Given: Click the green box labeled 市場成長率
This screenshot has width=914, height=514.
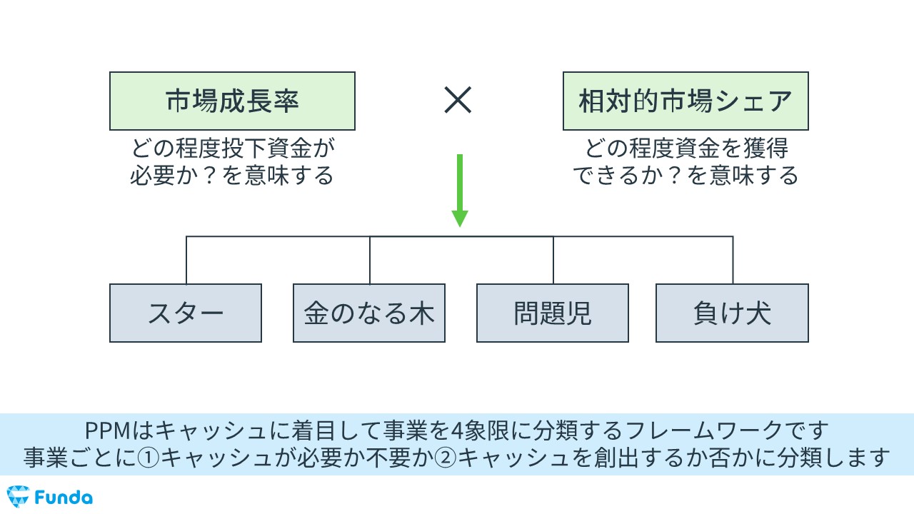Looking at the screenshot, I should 232,101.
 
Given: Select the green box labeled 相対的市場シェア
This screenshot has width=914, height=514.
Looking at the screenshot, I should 685,101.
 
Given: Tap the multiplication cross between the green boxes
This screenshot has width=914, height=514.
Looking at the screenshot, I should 458,101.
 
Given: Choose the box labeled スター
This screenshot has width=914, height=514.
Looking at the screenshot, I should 186,313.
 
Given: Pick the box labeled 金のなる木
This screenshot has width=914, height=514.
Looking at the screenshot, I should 369,313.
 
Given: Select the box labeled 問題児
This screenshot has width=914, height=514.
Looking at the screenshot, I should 553,313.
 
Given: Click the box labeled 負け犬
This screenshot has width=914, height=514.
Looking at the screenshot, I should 732,313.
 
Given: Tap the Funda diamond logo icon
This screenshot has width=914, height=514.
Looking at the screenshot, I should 17,496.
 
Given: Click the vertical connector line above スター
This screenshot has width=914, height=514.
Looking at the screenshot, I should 186,260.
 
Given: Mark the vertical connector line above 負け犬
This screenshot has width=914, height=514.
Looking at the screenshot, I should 733,260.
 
